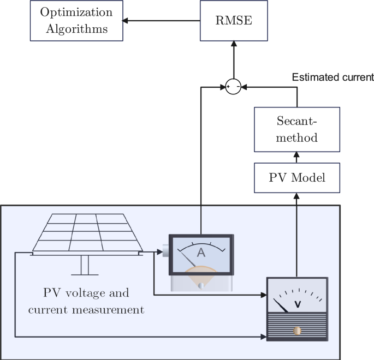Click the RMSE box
click(x=234, y=21)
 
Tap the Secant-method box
click(x=297, y=129)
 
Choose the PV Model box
click(x=297, y=177)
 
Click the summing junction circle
click(x=234, y=86)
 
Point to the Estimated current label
click(x=333, y=77)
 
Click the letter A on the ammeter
click(x=201, y=252)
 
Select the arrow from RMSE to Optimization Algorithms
click(x=162, y=21)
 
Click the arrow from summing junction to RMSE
click(x=234, y=60)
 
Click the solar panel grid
click(x=87, y=232)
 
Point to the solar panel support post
click(x=85, y=265)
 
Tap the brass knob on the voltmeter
click(x=298, y=331)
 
